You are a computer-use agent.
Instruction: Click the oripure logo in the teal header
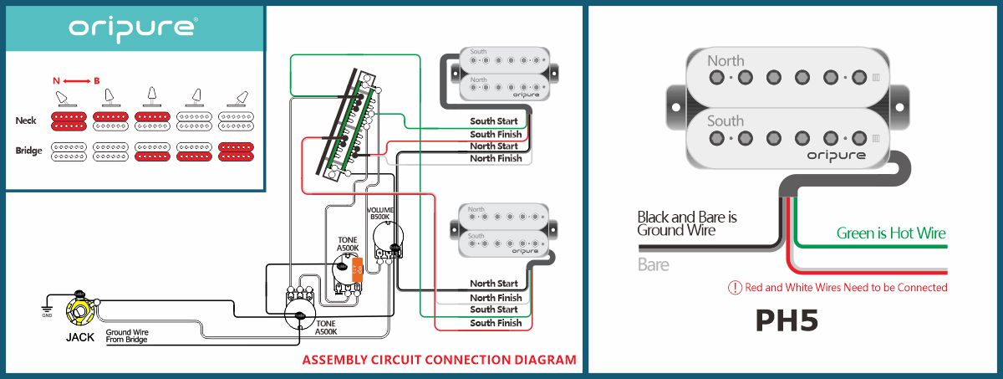[x=134, y=28]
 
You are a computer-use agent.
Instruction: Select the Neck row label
[x=26, y=121]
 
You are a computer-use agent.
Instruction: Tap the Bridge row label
[x=28, y=151]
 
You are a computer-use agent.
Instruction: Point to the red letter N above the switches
[x=56, y=80]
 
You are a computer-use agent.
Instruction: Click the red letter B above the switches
[x=97, y=80]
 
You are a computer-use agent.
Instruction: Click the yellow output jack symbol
[x=82, y=315]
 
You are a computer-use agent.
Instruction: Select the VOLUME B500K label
[x=380, y=213]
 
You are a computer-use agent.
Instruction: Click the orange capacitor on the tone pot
[x=357, y=269]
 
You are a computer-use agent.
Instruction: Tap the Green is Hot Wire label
[x=891, y=233]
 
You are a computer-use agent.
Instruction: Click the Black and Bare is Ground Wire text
[x=687, y=223]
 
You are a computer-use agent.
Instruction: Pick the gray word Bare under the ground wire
[x=654, y=264]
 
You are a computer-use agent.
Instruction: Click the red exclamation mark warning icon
[x=735, y=288]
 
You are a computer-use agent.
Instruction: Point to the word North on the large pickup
[x=726, y=60]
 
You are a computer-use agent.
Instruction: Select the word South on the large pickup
[x=726, y=120]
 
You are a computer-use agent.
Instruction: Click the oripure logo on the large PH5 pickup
[x=837, y=156]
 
